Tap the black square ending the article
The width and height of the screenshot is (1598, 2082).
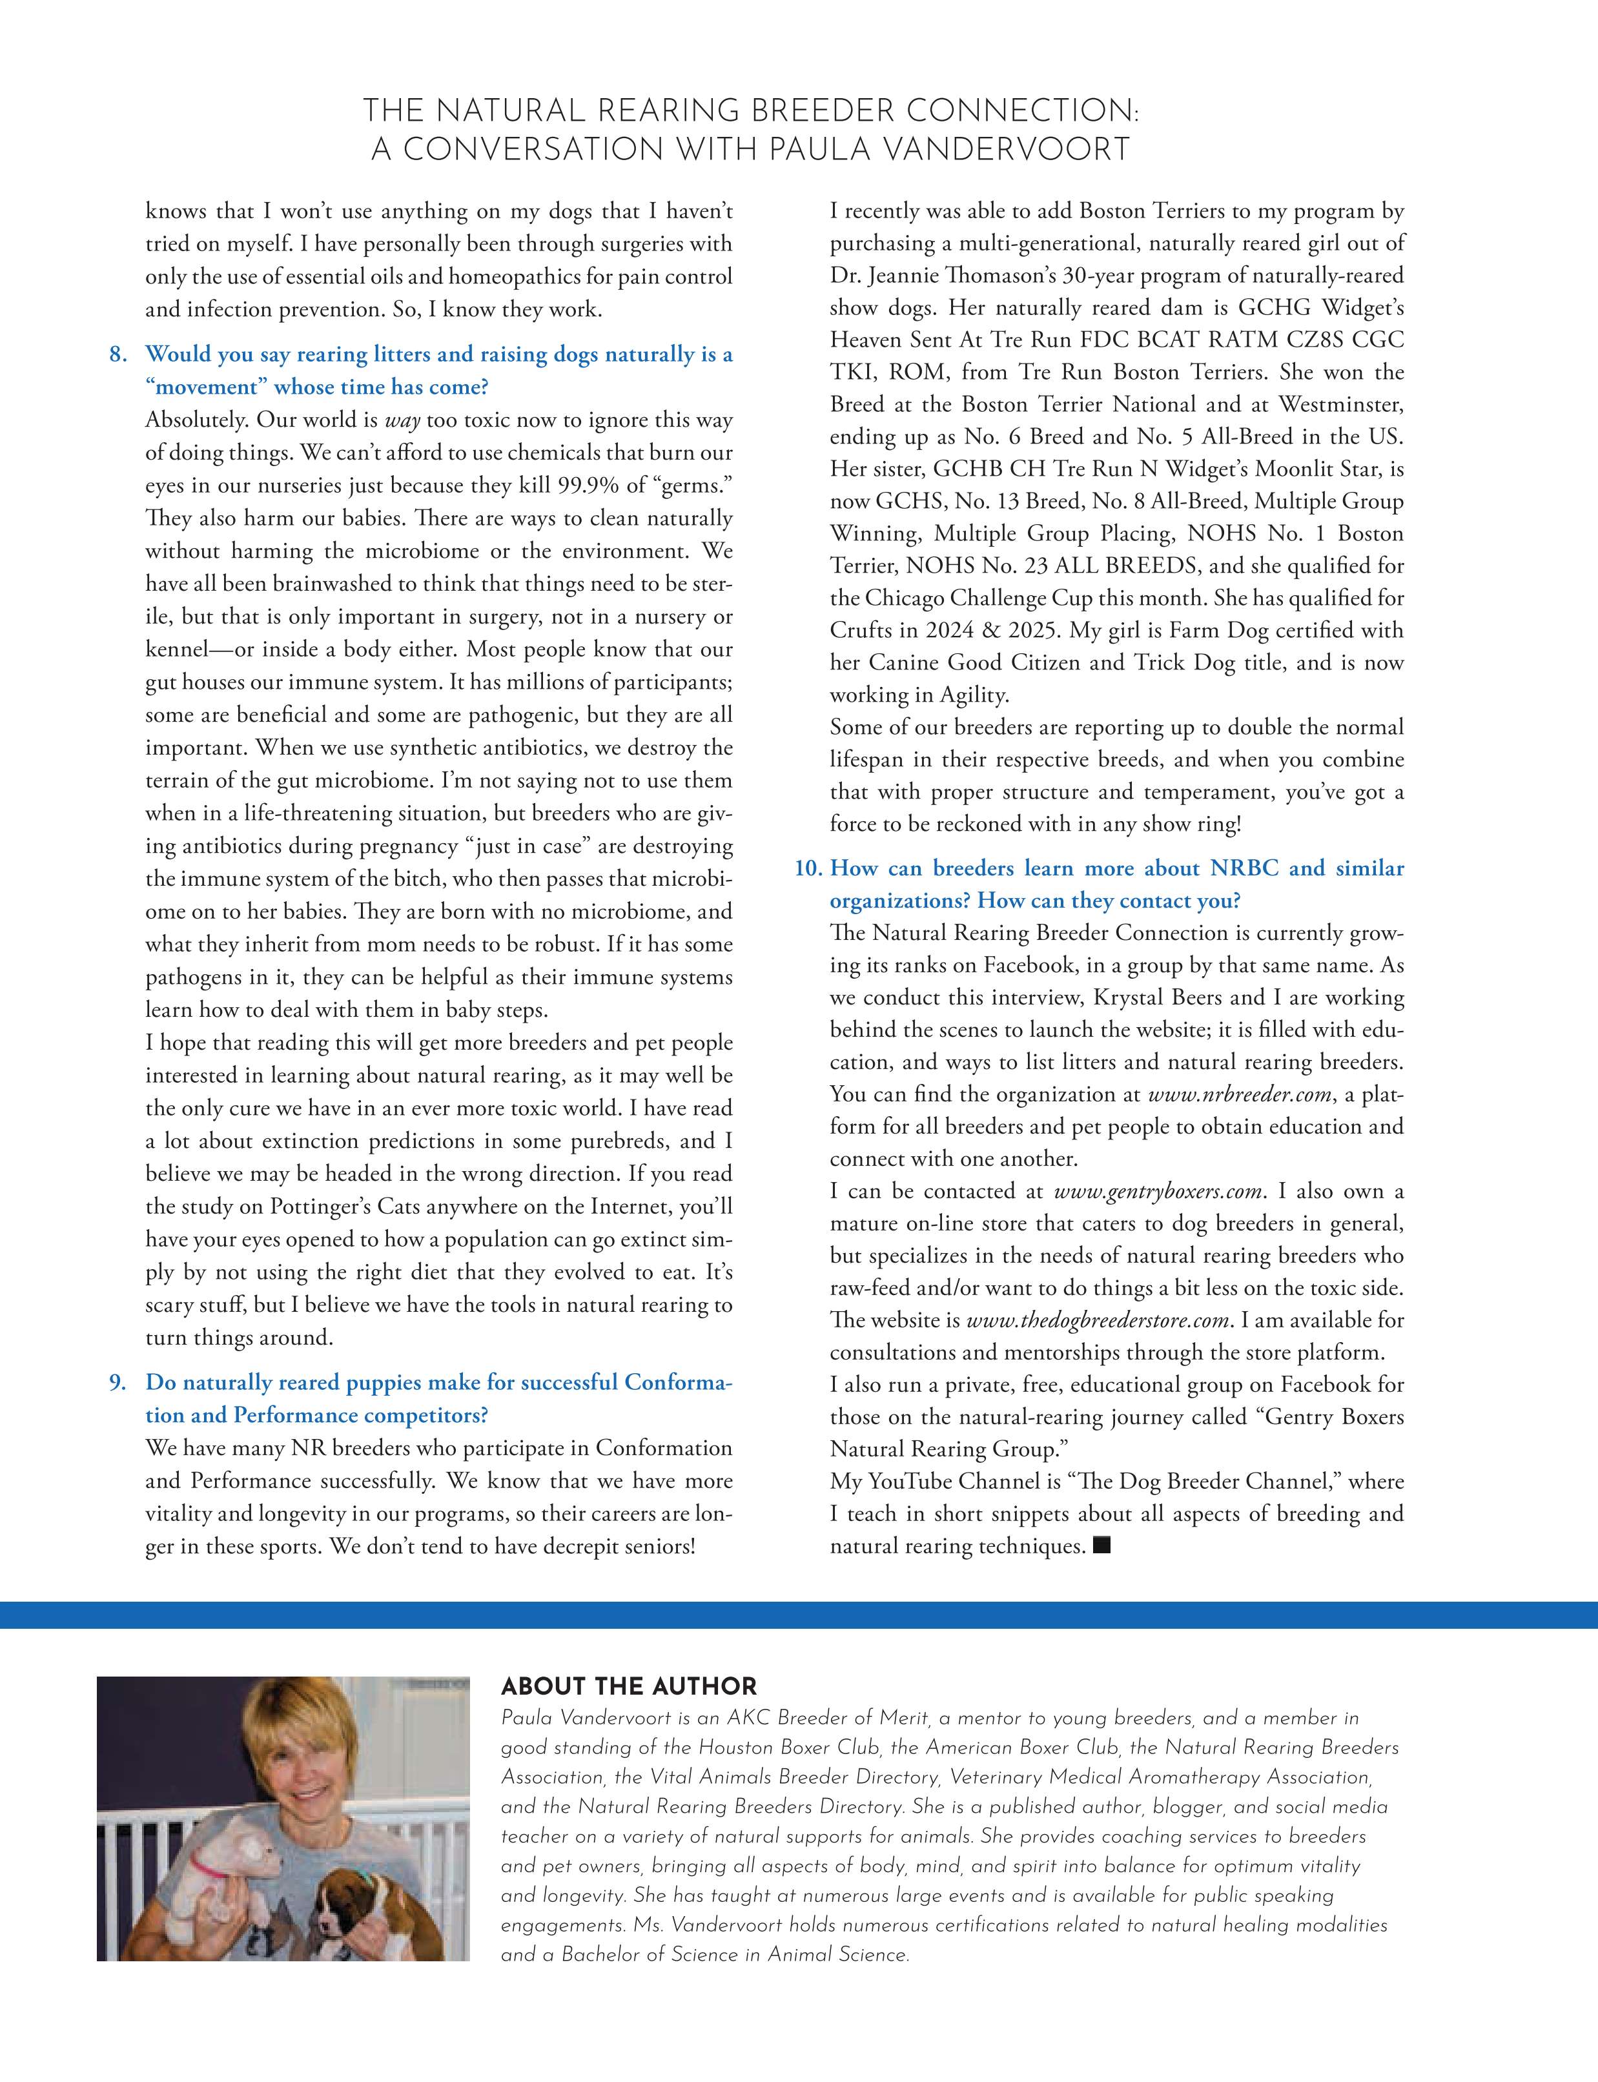[x=1102, y=1546]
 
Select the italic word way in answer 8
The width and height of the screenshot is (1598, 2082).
[x=404, y=420]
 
